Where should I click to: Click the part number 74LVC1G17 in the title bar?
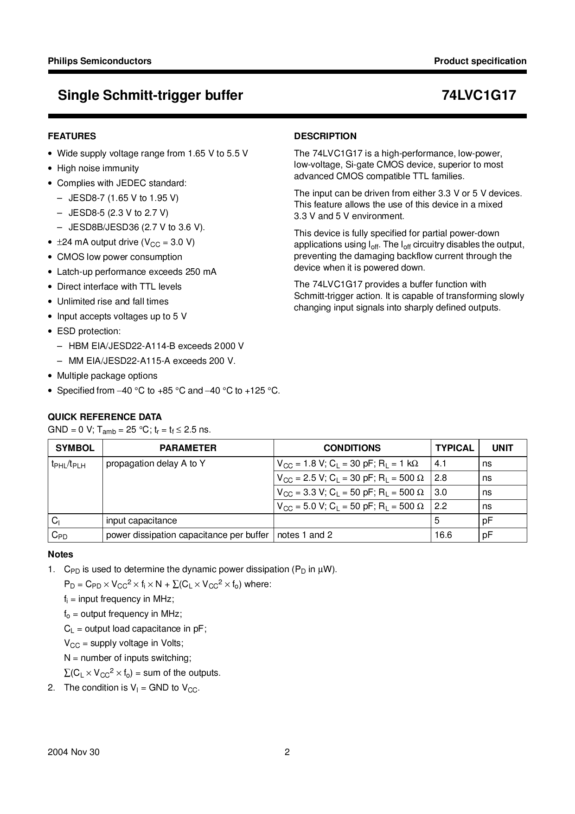pos(479,96)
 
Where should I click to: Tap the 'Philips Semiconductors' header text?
pos(100,61)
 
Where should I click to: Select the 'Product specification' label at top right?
pos(480,61)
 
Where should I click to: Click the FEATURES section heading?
pos(72,136)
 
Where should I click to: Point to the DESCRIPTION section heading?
pos(325,136)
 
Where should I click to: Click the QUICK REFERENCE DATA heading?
pos(105,417)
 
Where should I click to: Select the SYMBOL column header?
pos(75,448)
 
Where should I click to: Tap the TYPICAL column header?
pos(454,448)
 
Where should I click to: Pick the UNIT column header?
pos(502,448)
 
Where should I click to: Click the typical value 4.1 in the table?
pos(441,463)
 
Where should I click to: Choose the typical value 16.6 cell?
pos(443,535)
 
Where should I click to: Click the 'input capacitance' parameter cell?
pos(141,521)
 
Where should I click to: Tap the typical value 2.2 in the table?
pos(441,506)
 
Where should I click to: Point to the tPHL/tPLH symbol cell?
pos(68,464)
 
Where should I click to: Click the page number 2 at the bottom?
pos(287,752)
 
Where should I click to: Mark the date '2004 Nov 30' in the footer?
pos(73,752)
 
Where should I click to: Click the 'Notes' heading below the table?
pos(60,554)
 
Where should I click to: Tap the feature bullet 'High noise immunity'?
pos(98,168)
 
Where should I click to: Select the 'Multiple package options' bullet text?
pos(107,375)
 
